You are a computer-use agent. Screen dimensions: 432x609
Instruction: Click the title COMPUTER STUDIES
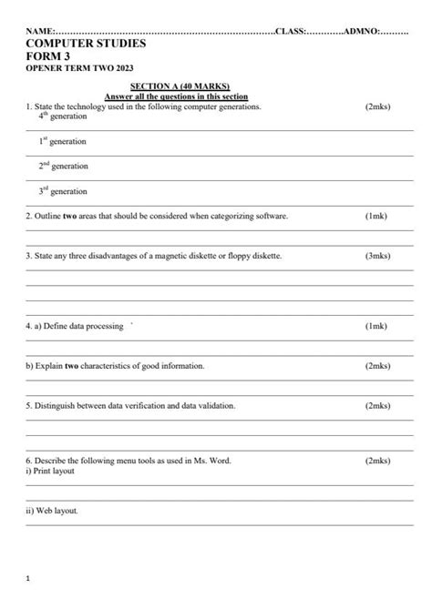click(x=86, y=43)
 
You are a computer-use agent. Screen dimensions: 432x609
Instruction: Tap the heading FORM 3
click(x=49, y=56)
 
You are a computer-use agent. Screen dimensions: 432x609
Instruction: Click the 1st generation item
click(x=63, y=142)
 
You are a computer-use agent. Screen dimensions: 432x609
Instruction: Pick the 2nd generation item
click(x=64, y=167)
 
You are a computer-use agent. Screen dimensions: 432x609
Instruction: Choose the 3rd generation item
click(x=63, y=191)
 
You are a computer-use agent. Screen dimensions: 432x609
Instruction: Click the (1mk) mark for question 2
click(x=375, y=217)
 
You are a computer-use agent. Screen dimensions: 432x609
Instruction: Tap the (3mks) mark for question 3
click(x=377, y=256)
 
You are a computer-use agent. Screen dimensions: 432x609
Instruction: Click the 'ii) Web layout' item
click(x=53, y=511)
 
